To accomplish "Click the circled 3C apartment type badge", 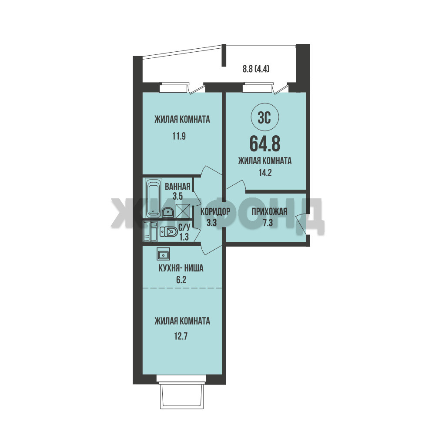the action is (264, 118).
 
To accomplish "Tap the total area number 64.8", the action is (265, 144).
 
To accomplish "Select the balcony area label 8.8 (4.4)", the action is (256, 69).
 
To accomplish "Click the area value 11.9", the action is (179, 136).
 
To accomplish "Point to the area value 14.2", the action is (265, 173).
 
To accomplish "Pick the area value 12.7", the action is (181, 337).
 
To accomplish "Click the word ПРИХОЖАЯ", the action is (269, 212).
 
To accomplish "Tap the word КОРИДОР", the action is (215, 212).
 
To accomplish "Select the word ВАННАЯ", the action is (177, 187).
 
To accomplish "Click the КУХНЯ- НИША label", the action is (181, 268).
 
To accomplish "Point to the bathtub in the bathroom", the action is (153, 198).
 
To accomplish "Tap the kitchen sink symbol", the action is (163, 254).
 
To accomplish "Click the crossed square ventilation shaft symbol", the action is (183, 211).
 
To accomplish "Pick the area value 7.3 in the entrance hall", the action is (268, 223).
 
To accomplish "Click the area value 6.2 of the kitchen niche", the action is (181, 280).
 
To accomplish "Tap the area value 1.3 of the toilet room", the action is (184, 237).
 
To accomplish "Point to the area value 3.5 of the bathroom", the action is (177, 196).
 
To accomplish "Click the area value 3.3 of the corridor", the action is (211, 222).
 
